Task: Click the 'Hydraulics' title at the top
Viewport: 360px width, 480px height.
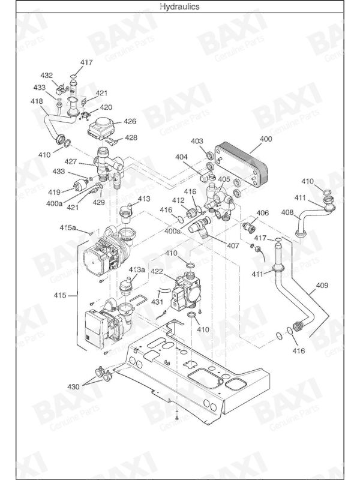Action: pos(179,7)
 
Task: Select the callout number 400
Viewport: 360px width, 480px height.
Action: pos(266,139)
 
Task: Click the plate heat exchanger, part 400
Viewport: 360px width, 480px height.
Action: pos(241,166)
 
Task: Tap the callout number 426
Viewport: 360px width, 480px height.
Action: pos(130,122)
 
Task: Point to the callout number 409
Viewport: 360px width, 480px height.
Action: pos(322,286)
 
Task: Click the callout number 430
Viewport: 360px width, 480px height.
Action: pos(73,386)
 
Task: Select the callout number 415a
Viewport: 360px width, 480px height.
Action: pos(68,228)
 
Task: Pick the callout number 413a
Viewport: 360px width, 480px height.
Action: pos(137,269)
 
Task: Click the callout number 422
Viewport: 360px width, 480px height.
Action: pos(157,271)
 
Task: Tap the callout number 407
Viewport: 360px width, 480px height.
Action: pos(233,245)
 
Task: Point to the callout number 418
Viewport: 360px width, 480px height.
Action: pos(37,101)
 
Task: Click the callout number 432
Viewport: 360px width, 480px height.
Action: pos(47,76)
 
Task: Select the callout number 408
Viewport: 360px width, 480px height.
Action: pos(287,212)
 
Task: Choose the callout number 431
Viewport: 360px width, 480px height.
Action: pos(157,302)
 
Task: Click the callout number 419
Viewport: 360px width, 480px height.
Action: pos(54,193)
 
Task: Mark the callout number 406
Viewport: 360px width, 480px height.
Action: pos(263,213)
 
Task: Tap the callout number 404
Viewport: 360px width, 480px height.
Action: pos(182,157)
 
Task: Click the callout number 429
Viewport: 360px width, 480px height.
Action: pos(99,202)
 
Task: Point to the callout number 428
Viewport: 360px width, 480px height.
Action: pos(131,138)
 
